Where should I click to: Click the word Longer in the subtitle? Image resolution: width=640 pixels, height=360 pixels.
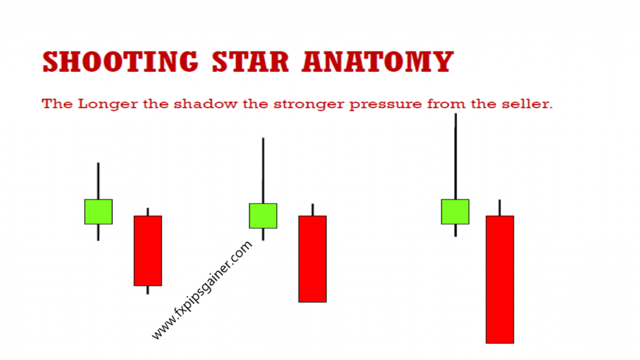click(102, 104)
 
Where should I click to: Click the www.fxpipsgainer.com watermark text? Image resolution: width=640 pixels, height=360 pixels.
click(202, 291)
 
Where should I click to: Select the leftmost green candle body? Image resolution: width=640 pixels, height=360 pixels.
click(98, 211)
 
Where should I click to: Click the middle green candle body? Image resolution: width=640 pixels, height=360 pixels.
click(263, 216)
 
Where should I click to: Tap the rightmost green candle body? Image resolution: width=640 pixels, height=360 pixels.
click(455, 211)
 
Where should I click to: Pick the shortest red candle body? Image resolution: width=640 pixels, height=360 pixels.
click(147, 251)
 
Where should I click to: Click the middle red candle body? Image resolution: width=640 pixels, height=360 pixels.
click(312, 259)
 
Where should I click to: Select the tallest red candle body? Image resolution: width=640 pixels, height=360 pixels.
click(500, 279)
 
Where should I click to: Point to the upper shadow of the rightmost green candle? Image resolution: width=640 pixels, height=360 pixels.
click(455, 156)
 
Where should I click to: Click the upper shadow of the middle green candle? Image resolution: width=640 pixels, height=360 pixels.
click(263, 170)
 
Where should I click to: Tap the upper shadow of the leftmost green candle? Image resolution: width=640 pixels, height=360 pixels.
click(98, 181)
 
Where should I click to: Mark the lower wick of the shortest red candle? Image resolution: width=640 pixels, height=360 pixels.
click(147, 290)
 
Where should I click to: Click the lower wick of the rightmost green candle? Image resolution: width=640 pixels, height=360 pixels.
click(455, 230)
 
